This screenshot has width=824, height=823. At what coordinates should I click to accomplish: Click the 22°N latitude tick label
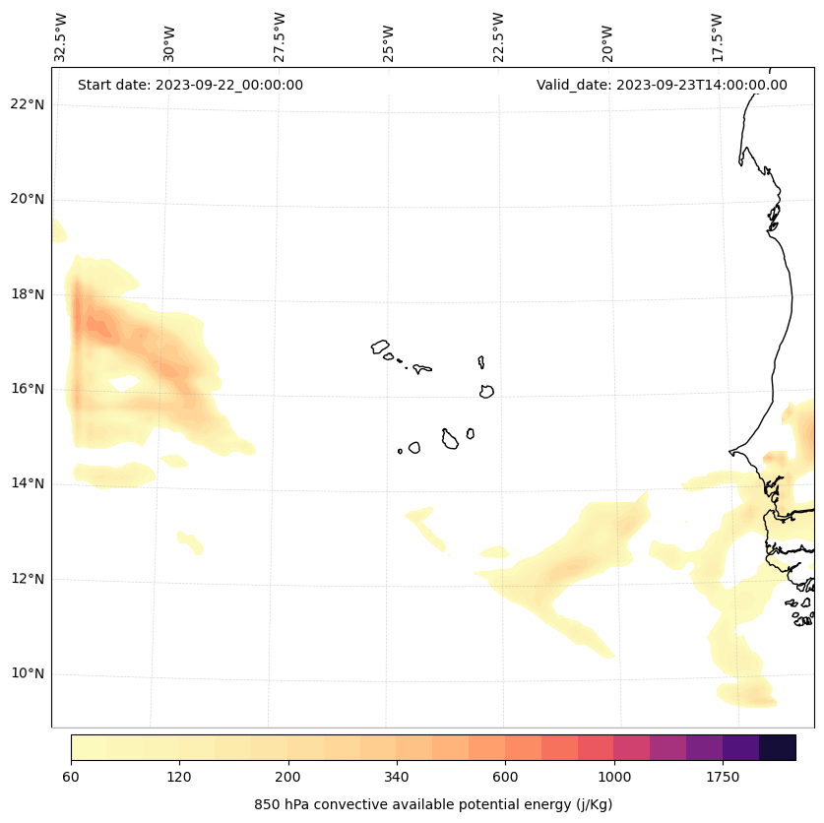(28, 104)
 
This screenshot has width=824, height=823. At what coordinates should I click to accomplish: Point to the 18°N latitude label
(28, 294)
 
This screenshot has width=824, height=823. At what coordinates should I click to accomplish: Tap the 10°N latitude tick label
(28, 674)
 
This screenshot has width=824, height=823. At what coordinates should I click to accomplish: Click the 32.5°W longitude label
(61, 37)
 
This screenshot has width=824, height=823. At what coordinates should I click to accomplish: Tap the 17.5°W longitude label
(717, 37)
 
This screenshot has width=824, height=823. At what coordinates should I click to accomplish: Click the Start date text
(190, 85)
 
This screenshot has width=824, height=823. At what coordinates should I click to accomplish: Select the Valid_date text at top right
(662, 85)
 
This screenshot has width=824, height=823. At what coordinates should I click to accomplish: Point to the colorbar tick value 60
(71, 778)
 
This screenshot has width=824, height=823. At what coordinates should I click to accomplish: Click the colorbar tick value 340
(397, 778)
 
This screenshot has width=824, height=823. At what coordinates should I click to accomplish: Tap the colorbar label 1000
(614, 778)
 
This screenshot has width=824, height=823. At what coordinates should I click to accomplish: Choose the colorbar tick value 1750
(723, 778)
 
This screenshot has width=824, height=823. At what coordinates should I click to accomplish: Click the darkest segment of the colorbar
(778, 747)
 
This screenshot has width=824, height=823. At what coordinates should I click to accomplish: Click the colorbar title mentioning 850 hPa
(433, 804)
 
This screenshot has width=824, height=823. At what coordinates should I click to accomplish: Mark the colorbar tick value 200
(288, 778)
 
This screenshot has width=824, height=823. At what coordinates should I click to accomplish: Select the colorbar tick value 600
(505, 778)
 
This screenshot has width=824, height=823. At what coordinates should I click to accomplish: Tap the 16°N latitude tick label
(28, 389)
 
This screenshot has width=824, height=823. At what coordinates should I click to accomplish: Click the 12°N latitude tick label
(28, 579)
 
